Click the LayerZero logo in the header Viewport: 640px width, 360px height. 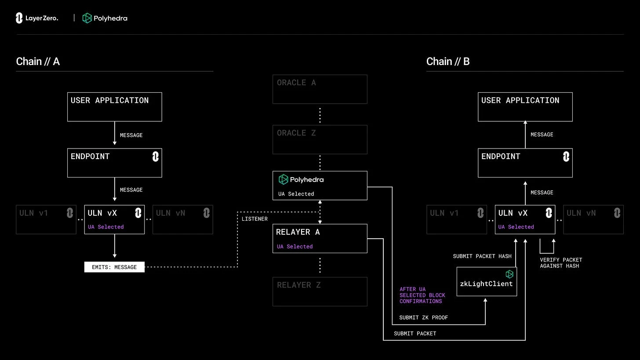(37, 18)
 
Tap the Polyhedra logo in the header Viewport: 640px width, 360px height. (105, 18)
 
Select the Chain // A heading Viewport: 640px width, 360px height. (38, 62)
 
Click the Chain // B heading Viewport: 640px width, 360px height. (448, 62)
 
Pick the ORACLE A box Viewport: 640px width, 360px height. (320, 89)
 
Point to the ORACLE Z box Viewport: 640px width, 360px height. (320, 139)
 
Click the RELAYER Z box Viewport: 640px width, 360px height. (320, 291)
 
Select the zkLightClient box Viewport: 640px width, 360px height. (487, 282)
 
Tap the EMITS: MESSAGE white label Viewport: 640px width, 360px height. (114, 267)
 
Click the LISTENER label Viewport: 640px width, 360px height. (255, 219)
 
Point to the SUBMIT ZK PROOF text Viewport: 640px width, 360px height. (423, 317)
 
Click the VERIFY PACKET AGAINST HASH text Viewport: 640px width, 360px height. (561, 263)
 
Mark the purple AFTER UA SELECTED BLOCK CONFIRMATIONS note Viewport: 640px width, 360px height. (422, 295)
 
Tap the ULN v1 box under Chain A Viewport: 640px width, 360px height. (46, 219)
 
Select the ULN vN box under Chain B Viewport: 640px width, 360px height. (593, 219)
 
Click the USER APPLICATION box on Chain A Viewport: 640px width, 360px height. (114, 107)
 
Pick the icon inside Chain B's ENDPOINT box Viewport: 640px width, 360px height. (566, 156)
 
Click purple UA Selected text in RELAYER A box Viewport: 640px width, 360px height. (295, 247)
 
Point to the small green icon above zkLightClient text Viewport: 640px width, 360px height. (509, 274)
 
